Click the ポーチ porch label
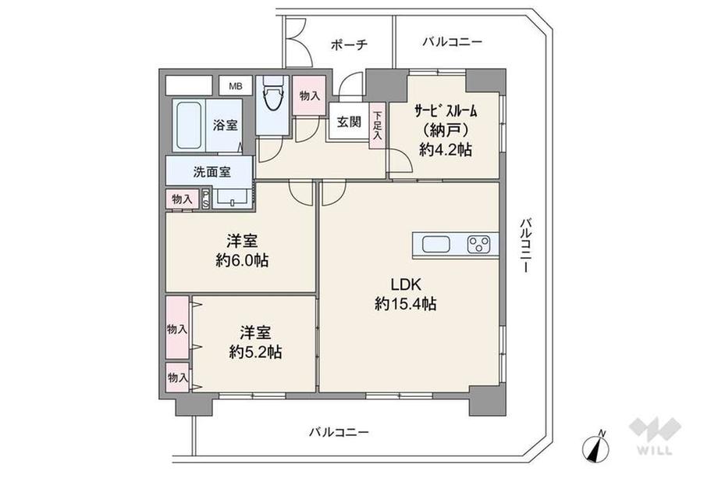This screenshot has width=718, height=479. [348, 45]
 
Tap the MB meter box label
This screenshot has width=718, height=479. [235, 86]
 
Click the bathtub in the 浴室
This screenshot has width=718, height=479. [187, 127]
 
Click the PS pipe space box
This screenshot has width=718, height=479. [206, 198]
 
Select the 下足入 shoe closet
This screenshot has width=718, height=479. [378, 125]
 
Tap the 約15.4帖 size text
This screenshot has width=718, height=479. [405, 305]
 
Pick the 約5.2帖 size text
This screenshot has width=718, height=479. [255, 352]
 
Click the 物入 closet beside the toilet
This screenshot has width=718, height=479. [310, 96]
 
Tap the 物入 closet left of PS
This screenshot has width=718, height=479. [182, 199]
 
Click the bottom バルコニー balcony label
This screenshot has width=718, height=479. [339, 431]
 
